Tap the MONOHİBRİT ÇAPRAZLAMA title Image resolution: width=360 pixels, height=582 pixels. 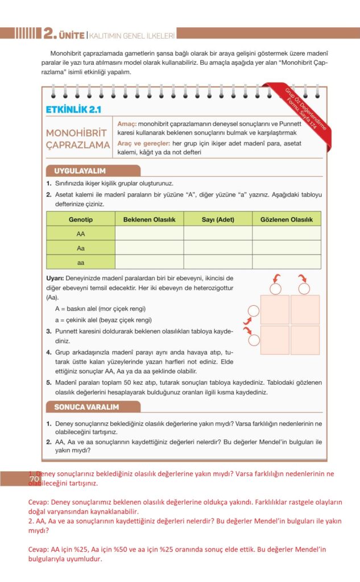78,139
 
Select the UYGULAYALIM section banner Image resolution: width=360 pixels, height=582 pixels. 80,171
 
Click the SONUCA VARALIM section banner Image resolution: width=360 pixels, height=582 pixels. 86,407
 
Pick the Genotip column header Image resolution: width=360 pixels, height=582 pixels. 81,219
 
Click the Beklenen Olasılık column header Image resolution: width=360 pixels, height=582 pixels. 149,219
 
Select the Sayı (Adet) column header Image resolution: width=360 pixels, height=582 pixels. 218,219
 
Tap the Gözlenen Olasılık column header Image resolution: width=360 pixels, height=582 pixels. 287,219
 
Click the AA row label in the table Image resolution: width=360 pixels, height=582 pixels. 81,233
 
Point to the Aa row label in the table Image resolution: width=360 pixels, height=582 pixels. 81,247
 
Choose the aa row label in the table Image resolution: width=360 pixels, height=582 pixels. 81,261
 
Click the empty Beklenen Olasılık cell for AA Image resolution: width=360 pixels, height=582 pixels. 149,233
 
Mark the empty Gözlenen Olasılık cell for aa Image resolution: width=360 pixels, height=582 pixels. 287,261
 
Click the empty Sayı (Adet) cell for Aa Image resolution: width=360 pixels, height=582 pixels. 218,247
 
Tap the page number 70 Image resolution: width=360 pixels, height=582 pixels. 34,480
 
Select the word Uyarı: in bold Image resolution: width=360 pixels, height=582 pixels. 57,278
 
